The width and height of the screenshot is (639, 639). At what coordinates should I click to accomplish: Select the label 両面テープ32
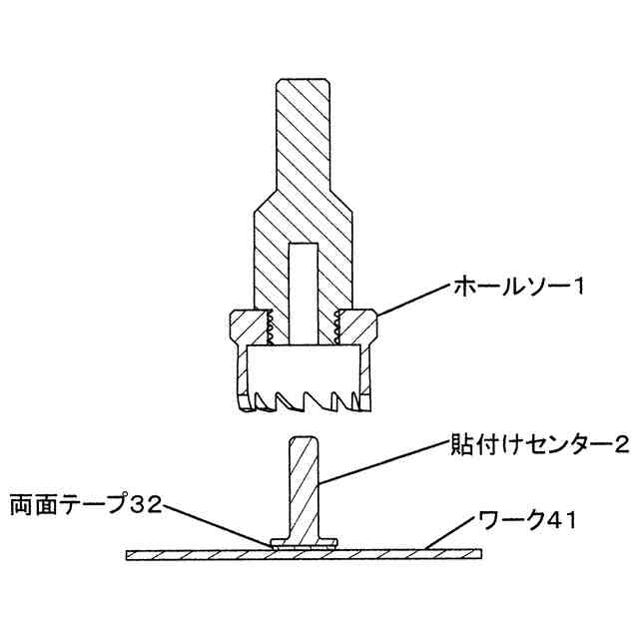pyautogui.click(x=85, y=498)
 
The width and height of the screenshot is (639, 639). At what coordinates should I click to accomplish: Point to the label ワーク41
pyautogui.click(x=513, y=519)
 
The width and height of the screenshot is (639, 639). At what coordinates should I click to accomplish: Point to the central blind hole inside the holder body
pyautogui.click(x=304, y=290)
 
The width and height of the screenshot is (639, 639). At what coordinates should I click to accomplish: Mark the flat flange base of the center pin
pyautogui.click(x=304, y=540)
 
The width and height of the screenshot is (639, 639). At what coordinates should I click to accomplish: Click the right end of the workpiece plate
pyautogui.click(x=473, y=550)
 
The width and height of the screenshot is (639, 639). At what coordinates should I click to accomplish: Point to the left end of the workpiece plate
pyautogui.click(x=135, y=550)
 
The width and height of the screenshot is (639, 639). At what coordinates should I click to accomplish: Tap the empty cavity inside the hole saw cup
pyautogui.click(x=304, y=367)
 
